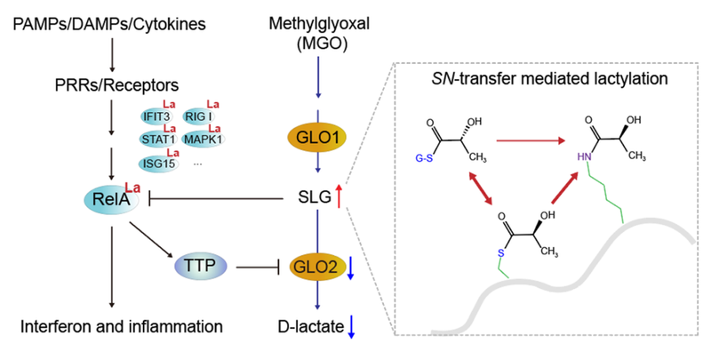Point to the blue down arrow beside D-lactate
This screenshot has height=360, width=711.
coord(352,328)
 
